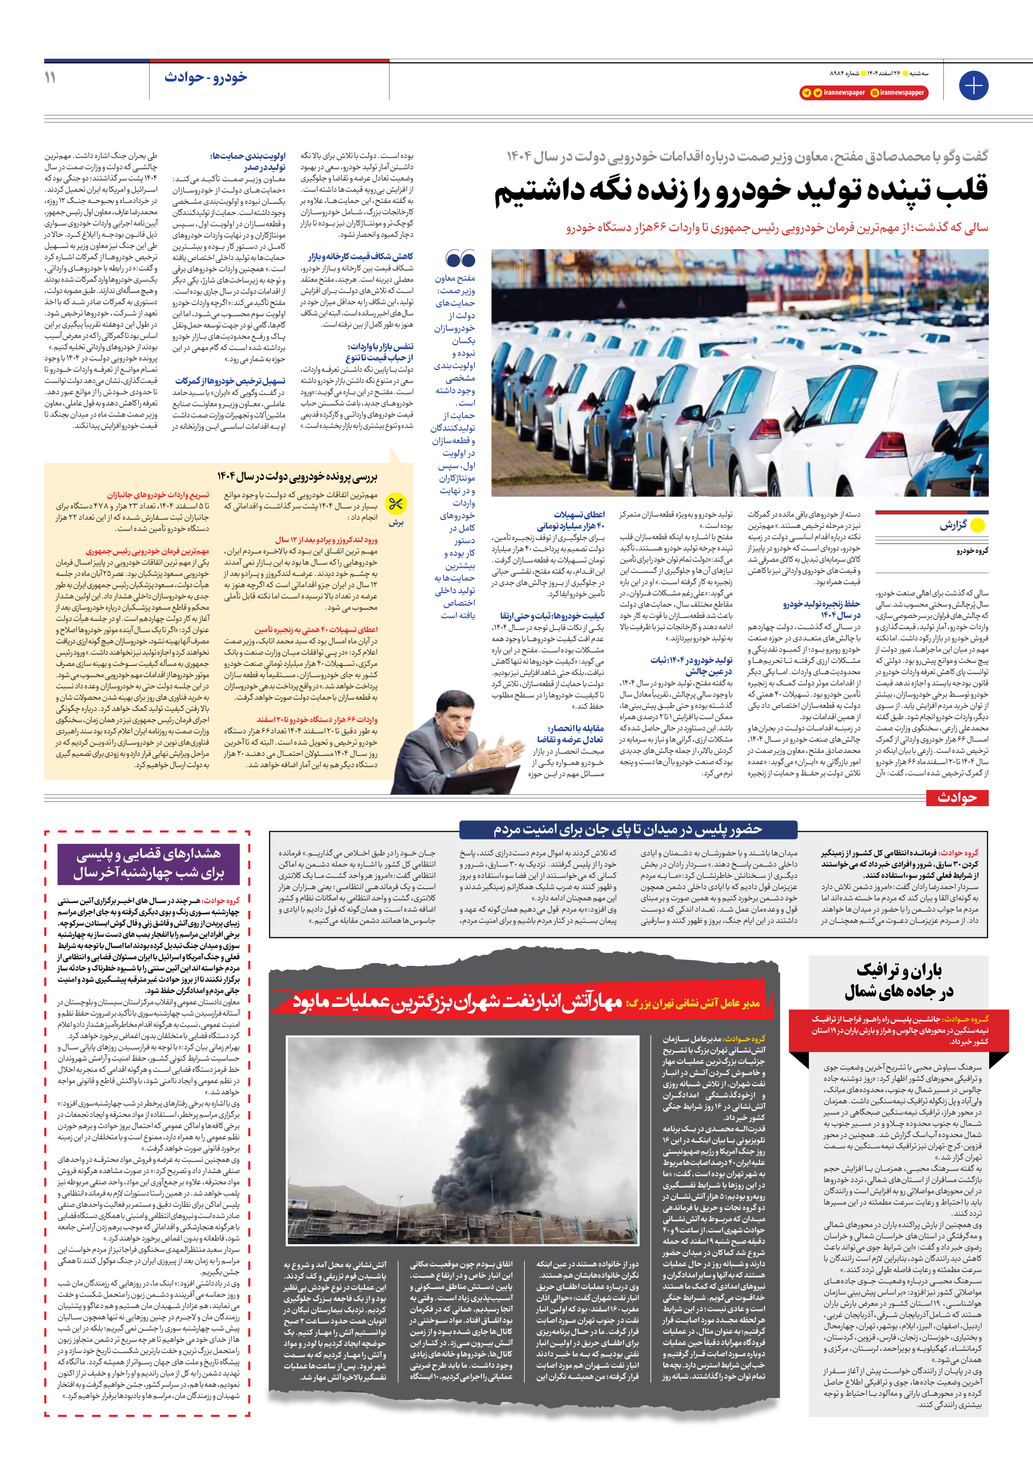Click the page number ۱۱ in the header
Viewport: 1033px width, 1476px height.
click(x=50, y=78)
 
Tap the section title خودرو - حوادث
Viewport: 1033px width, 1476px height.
click(x=206, y=77)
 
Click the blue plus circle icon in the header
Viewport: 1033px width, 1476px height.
click(x=973, y=85)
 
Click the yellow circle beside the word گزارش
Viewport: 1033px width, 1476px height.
click(x=978, y=525)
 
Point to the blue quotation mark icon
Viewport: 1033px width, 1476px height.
click(x=460, y=259)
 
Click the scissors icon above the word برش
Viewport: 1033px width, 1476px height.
click(x=396, y=504)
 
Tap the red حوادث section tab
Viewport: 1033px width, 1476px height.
click(x=957, y=798)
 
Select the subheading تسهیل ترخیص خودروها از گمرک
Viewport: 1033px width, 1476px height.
click(x=230, y=381)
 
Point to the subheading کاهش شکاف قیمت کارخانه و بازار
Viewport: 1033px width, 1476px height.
click(x=361, y=257)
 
